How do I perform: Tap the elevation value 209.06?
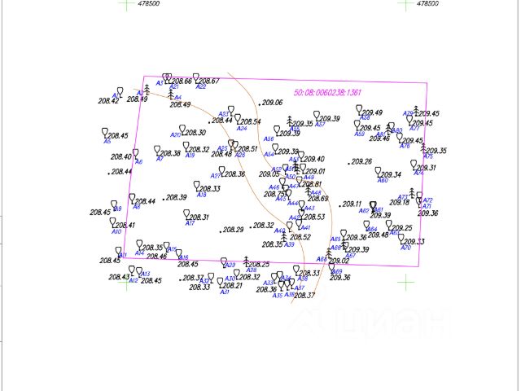[272, 103]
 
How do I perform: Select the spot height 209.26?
[361, 162]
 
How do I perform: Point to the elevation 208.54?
[250, 122]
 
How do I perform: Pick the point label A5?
[107, 141]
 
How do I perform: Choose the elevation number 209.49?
[372, 112]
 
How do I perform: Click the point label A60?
[383, 181]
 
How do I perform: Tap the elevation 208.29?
[233, 230]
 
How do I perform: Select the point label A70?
[405, 248]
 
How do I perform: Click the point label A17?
[190, 223]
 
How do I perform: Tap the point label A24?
[241, 129]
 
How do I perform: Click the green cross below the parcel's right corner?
[405, 282]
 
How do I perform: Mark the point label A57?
[320, 125]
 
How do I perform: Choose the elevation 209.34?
[391, 174]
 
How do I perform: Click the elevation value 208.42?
[108, 100]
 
